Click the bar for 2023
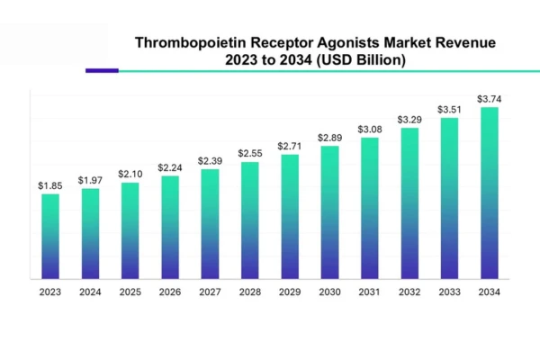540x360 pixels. (x=50, y=236)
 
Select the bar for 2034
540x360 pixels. (x=490, y=193)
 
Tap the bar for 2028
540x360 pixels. (x=250, y=220)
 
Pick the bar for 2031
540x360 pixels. (x=370, y=208)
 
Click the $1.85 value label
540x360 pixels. (x=50, y=185)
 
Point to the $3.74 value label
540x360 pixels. (x=490, y=99)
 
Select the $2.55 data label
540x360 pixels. (x=250, y=153)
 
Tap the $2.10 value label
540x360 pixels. (x=130, y=174)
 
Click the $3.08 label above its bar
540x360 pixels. (x=370, y=129)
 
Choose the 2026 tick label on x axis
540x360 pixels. (x=170, y=292)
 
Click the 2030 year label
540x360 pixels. (x=329, y=292)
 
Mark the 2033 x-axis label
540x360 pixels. (x=449, y=292)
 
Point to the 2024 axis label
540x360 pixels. (x=90, y=292)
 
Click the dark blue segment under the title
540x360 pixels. (x=102, y=70)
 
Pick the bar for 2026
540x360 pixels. (x=170, y=227)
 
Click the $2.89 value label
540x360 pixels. (x=329, y=137)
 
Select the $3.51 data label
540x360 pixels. (x=449, y=110)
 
